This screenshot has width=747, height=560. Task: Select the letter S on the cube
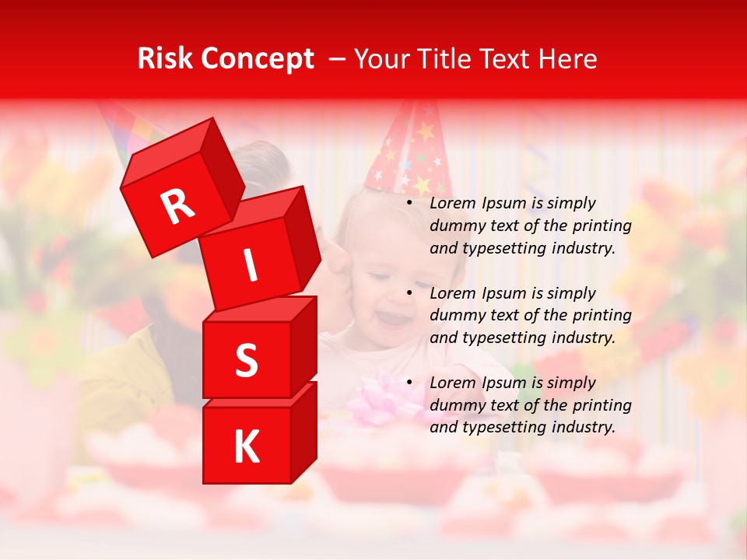pos(246,361)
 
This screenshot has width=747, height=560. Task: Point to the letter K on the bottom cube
pos(246,447)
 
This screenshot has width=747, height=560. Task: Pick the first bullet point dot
pos(409,204)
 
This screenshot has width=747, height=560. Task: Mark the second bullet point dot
pos(409,294)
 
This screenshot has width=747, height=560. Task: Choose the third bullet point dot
pos(409,383)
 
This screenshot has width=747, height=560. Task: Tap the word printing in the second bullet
pos(601,316)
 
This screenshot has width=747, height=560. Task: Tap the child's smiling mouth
pos(393,318)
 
